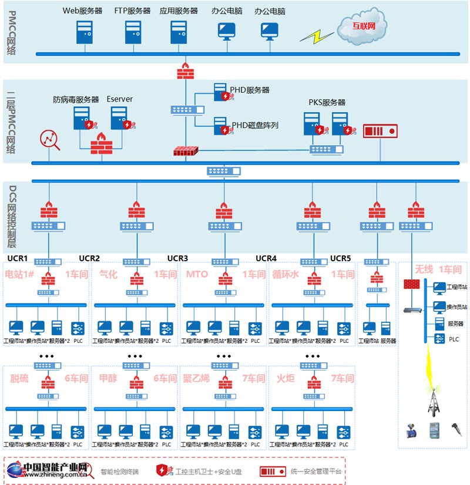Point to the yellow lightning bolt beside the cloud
pos(315,36)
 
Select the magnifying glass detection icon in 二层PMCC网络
pos(49,140)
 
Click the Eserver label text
pos(119,99)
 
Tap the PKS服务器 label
pos(327,102)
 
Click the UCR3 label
pos(177,258)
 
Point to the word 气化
pos(109,274)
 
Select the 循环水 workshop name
pos(286,274)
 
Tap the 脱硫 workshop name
pos(19,378)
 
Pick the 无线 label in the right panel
pos(424,270)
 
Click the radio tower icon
pos(435,400)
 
